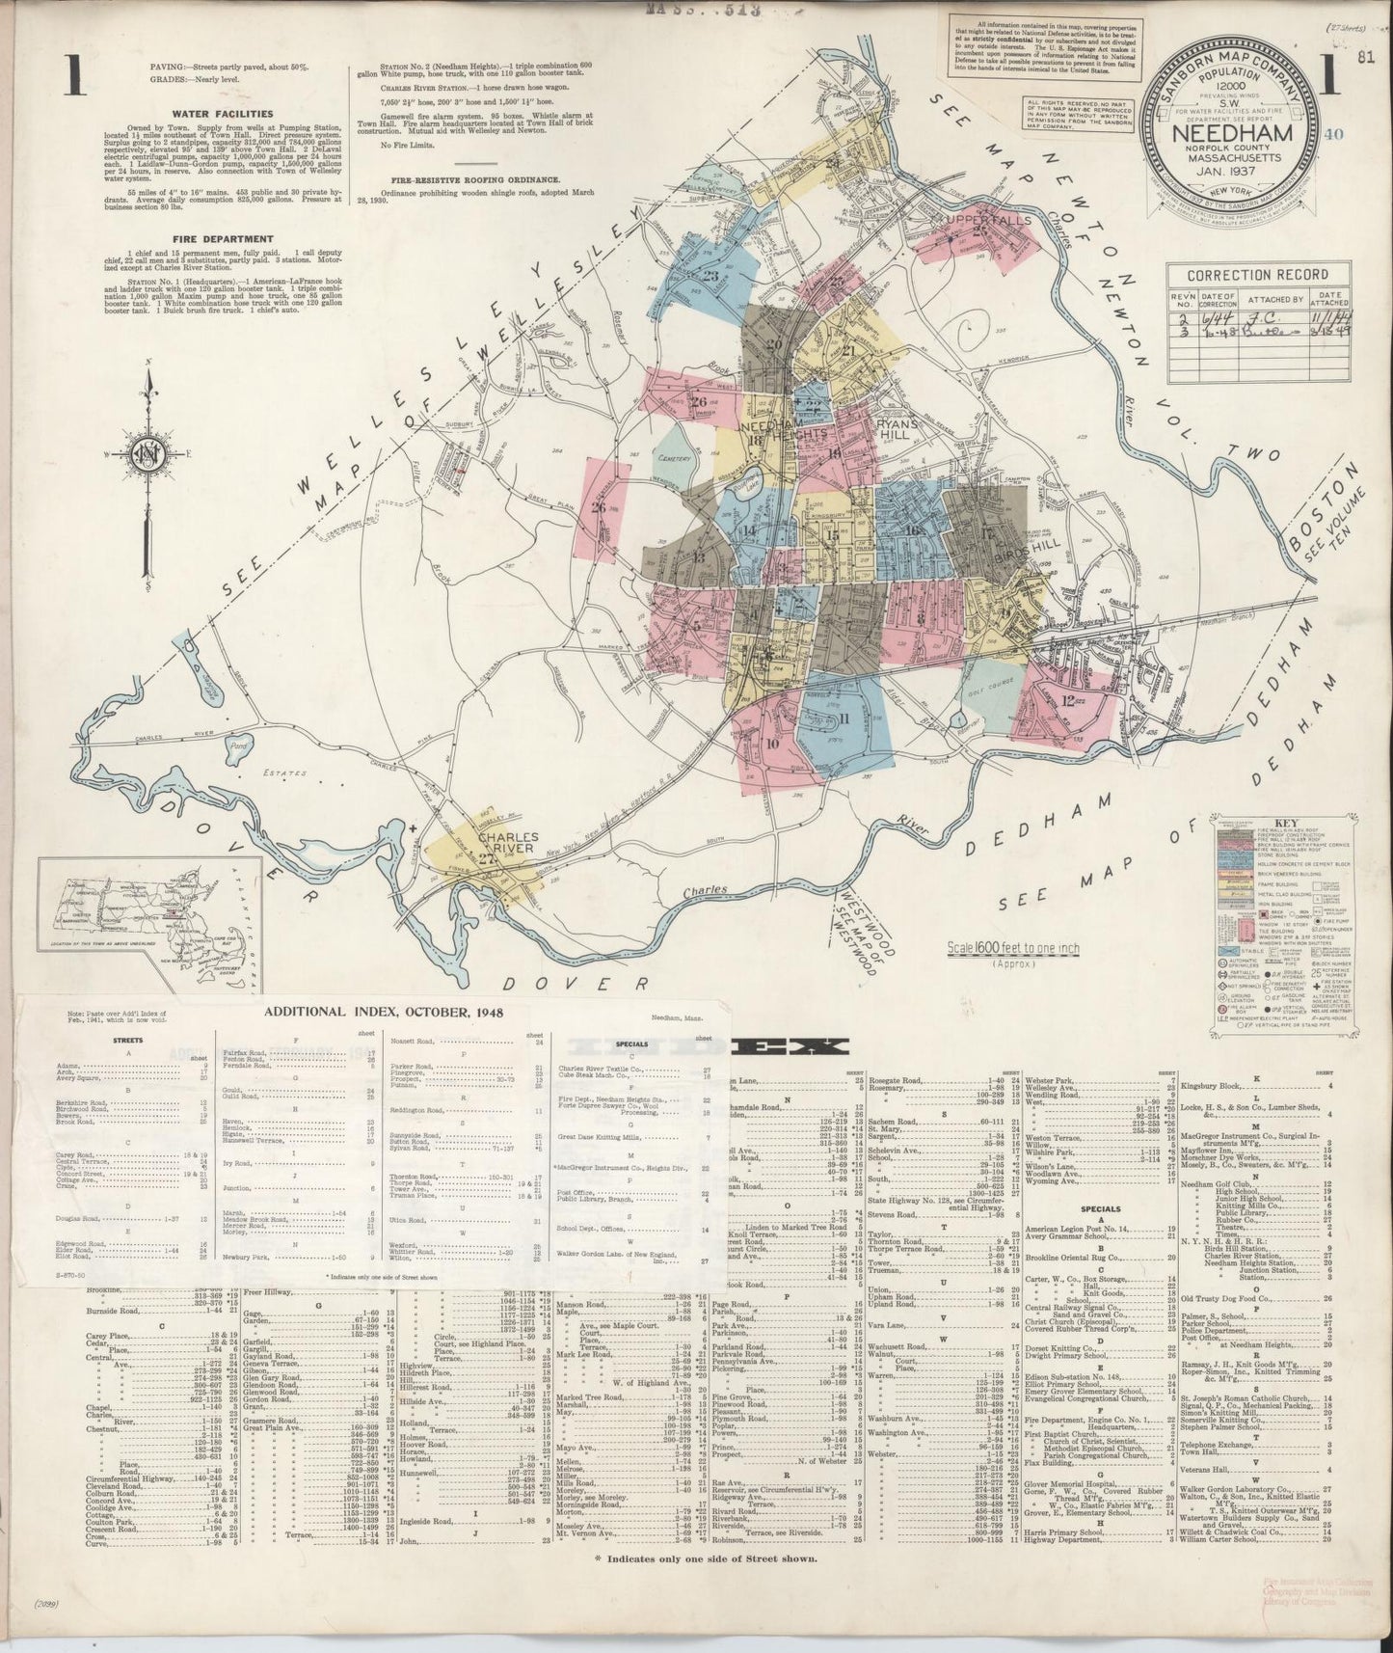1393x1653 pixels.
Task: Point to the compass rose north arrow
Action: tap(148, 386)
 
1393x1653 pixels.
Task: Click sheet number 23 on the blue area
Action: tap(711, 278)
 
